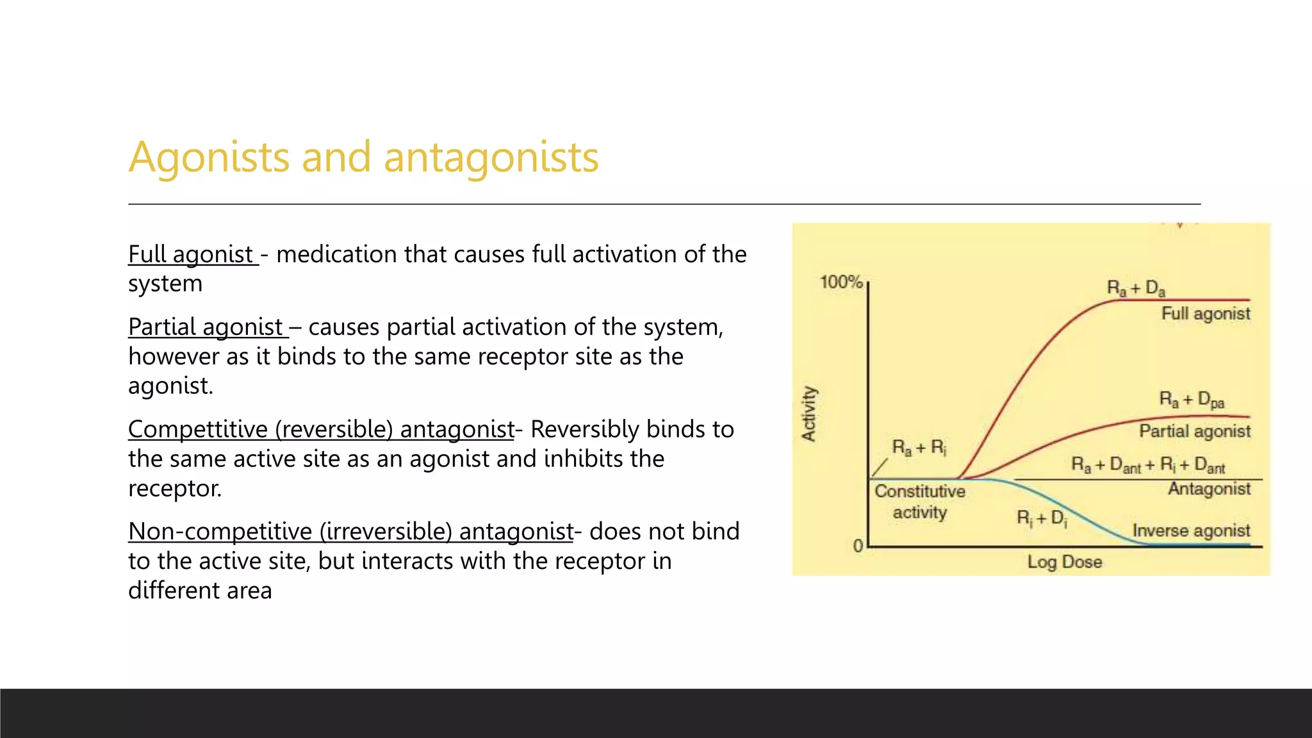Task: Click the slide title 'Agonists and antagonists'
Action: pyautogui.click(x=363, y=157)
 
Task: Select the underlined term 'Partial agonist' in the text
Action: pyautogui.click(x=206, y=327)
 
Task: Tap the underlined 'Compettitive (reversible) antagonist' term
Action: pyautogui.click(x=321, y=429)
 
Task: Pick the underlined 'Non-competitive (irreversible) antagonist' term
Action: pyautogui.click(x=350, y=532)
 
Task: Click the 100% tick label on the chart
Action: pyautogui.click(x=840, y=282)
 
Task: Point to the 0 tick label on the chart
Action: pyautogui.click(x=858, y=546)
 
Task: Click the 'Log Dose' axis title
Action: pyautogui.click(x=1064, y=562)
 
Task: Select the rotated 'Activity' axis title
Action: pyautogui.click(x=809, y=413)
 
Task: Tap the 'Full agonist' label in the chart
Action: pyautogui.click(x=1205, y=314)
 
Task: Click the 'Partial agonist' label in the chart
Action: pyautogui.click(x=1194, y=431)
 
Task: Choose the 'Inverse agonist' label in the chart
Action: pyautogui.click(x=1190, y=530)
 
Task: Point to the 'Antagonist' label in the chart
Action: pyautogui.click(x=1208, y=489)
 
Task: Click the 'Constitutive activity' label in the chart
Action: pyautogui.click(x=920, y=502)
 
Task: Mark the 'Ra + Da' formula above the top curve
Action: pyautogui.click(x=1136, y=288)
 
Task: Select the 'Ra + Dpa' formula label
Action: pyautogui.click(x=1192, y=400)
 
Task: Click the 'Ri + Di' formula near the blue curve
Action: pyautogui.click(x=1042, y=518)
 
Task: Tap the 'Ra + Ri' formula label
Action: pyautogui.click(x=919, y=447)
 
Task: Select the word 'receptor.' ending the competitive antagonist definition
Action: pyautogui.click(x=175, y=489)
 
